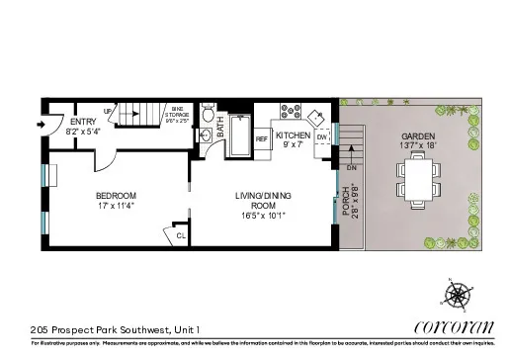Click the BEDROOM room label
(x=116, y=195)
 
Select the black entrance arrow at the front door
(x=39, y=126)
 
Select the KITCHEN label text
(x=294, y=135)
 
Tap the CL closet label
(x=181, y=236)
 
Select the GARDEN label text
(x=419, y=136)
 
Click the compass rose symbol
(x=459, y=294)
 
